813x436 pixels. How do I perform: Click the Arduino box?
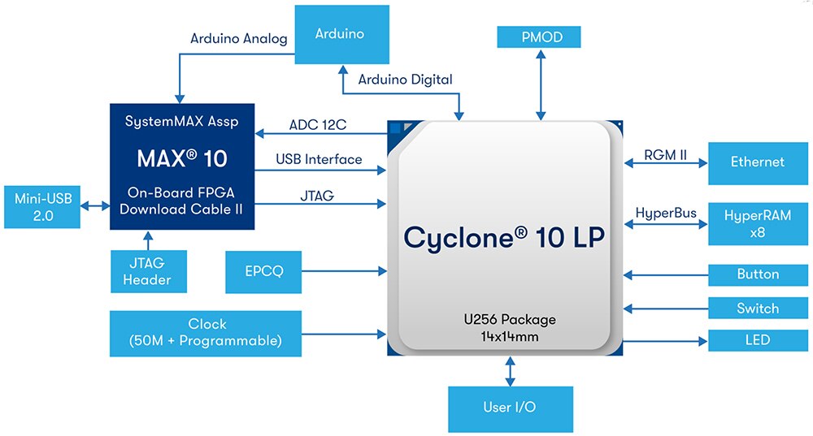point(340,34)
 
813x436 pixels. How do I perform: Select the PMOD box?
point(541,37)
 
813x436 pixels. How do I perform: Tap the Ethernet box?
point(757,162)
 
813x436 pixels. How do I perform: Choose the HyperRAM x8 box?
point(757,223)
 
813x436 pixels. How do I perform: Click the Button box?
point(757,274)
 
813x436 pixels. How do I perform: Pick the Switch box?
point(757,309)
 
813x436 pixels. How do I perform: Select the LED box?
point(757,339)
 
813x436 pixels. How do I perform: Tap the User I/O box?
point(510,408)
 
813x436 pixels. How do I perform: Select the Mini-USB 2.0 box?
point(42,206)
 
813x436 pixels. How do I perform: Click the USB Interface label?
point(319,159)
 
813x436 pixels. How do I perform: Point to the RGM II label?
point(665,154)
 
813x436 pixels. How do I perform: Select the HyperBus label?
point(665,214)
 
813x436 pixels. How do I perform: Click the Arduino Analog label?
point(239,38)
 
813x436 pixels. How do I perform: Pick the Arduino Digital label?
point(406,79)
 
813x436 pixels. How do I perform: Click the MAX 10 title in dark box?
point(181,158)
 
